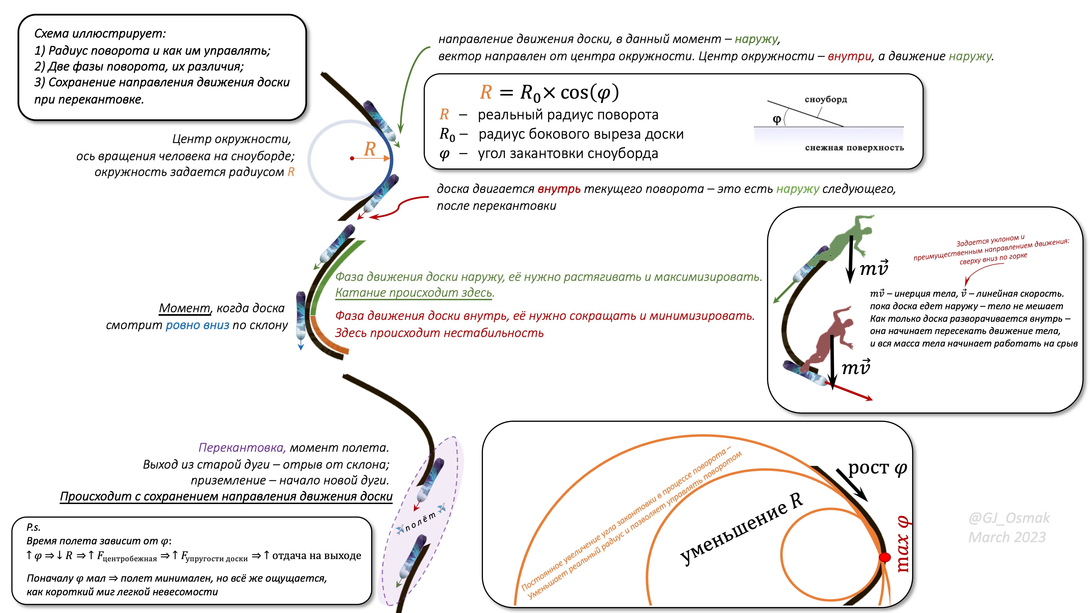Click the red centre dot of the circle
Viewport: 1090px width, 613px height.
point(352,158)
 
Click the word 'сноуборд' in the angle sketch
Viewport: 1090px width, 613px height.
point(826,99)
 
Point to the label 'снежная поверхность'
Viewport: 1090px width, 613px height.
point(854,148)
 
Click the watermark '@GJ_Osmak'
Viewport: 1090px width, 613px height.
point(1009,518)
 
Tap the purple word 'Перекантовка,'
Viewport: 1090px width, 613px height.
point(242,448)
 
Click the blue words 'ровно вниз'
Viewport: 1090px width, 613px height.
point(197,325)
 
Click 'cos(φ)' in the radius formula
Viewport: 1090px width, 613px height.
point(589,92)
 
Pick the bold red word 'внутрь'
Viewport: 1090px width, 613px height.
point(559,189)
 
